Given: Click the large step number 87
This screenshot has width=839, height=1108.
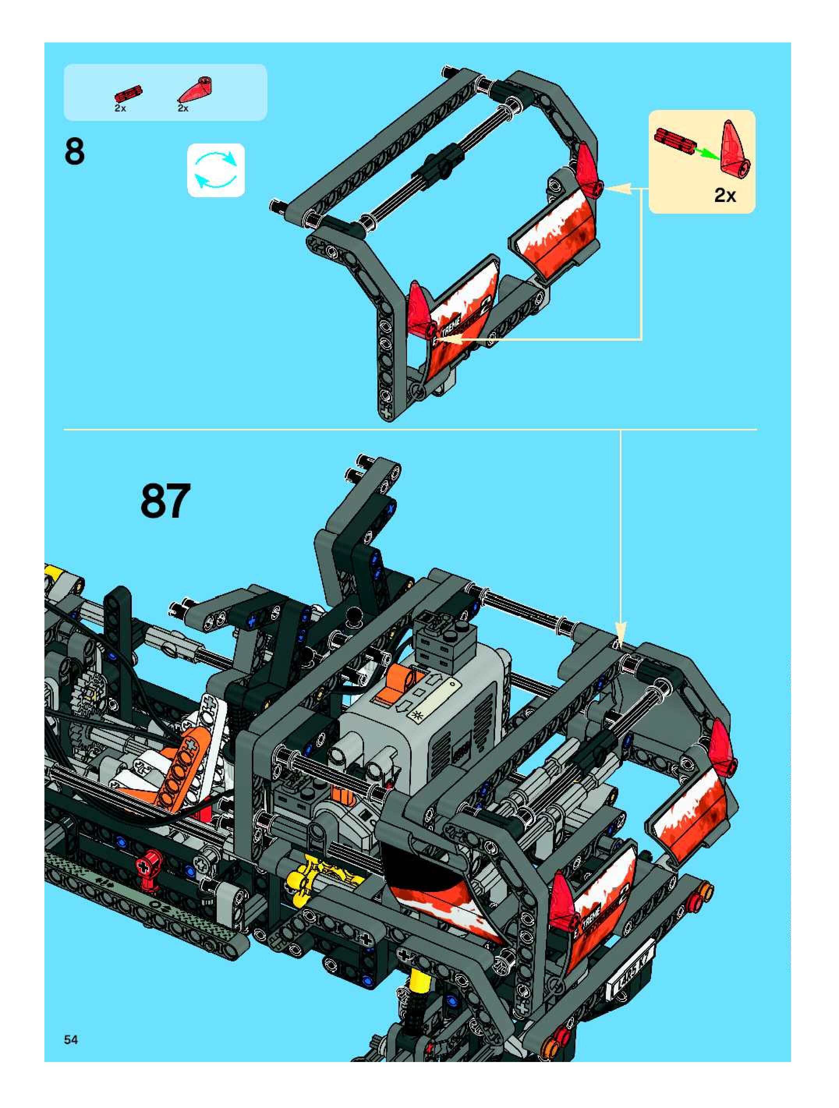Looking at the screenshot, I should click(165, 501).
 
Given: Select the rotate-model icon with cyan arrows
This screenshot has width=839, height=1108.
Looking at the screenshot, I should click(216, 170).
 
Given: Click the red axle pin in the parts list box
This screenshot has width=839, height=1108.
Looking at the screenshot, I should click(128, 93).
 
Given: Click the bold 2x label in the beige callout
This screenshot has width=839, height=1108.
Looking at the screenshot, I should click(725, 195).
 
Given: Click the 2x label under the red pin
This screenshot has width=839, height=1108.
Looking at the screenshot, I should click(120, 108).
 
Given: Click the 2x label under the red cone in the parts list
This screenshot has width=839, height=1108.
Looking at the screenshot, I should click(183, 108).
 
